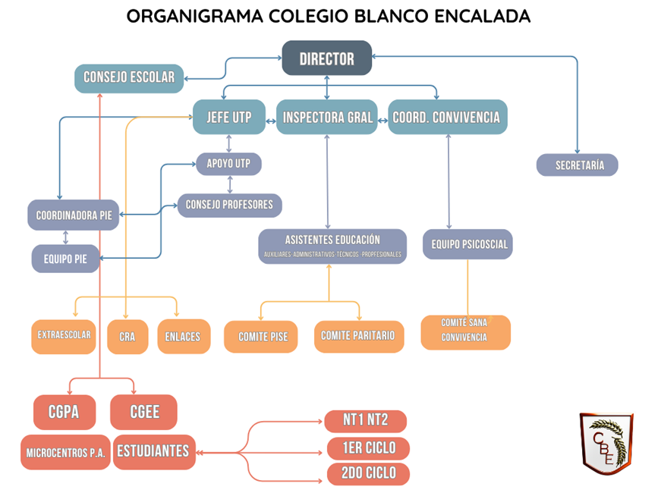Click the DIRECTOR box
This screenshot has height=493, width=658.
(x=327, y=58)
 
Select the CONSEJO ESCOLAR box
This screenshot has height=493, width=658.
(x=129, y=77)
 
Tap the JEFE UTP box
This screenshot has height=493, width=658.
(x=228, y=117)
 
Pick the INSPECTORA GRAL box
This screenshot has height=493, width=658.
(x=326, y=117)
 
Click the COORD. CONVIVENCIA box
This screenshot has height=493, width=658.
(x=447, y=117)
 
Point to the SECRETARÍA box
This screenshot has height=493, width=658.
(x=577, y=165)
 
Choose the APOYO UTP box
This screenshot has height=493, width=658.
(x=228, y=163)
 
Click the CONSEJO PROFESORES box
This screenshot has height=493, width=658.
(x=229, y=205)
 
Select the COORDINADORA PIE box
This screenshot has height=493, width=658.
(x=74, y=215)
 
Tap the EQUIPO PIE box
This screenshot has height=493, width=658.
(x=65, y=259)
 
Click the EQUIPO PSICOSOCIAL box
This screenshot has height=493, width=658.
(x=468, y=244)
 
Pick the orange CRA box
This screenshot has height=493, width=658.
(x=127, y=336)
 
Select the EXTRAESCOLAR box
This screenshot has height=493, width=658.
(x=64, y=335)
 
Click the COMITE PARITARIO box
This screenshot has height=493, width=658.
(x=357, y=336)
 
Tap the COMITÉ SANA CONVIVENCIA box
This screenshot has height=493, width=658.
(x=465, y=331)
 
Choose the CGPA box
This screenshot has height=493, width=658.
(x=65, y=413)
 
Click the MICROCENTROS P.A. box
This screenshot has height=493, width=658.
(x=65, y=452)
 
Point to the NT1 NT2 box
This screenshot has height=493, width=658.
(x=365, y=421)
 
